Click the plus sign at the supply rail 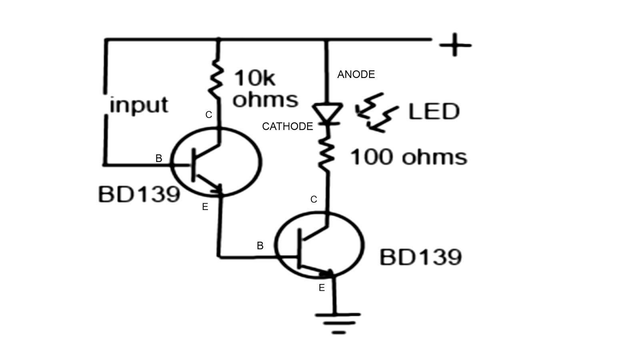pos(455,45)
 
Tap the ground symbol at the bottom pos(338,322)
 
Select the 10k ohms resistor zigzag pos(216,80)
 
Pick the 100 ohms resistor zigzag pos(327,154)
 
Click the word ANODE pos(356,74)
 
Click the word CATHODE pos(287,126)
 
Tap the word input pos(139,105)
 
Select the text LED pos(434,112)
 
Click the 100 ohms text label pos(408,157)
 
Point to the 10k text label pos(254,78)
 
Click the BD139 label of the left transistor pos(139,195)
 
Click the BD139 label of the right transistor pos(420,257)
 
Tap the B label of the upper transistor pos(159,158)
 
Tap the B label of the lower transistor pos(260,246)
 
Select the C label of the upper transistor pos(208,115)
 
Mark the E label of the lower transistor pos(322,288)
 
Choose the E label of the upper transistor pos(205,207)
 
